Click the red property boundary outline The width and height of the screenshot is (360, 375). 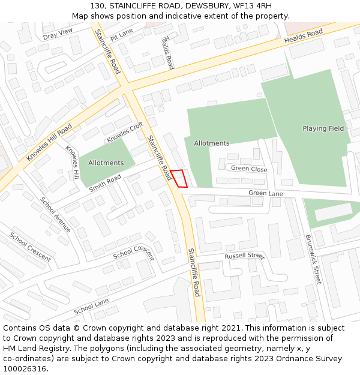[x=179, y=179]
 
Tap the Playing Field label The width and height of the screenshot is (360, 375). [x=323, y=128]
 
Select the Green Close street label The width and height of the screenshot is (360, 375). [x=249, y=169]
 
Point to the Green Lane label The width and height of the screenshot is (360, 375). [x=266, y=194]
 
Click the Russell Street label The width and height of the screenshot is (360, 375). [x=244, y=256]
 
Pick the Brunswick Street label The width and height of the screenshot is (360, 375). [x=313, y=259]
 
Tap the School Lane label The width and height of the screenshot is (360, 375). [x=91, y=307]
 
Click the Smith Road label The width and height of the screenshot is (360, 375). [x=105, y=183]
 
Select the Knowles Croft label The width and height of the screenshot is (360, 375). [x=125, y=133]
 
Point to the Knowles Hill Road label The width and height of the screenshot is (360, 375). [x=49, y=142]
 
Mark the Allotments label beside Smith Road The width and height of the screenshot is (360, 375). [x=106, y=163]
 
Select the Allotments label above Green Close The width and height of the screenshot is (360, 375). [x=211, y=143]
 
